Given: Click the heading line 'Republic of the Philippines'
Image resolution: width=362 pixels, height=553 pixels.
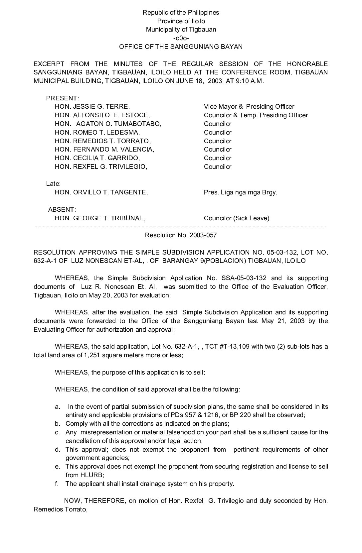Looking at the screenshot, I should point(181,13).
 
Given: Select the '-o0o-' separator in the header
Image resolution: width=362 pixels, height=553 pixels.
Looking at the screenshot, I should point(181,38).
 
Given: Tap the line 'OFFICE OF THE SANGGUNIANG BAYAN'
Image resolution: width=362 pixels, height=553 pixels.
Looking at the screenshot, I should point(181,47).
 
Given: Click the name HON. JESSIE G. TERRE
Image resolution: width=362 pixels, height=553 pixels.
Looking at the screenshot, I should point(92,107).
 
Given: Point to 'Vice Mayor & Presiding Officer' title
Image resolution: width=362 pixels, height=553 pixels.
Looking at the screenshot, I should point(249,107).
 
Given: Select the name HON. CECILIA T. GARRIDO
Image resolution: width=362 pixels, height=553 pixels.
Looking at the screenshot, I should point(97,158).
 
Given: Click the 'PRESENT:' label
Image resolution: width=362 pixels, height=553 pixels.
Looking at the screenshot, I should point(63,98).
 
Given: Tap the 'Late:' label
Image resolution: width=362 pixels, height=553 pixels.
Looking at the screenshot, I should point(53,183).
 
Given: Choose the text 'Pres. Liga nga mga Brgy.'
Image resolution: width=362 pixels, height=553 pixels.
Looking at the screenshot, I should point(240,192).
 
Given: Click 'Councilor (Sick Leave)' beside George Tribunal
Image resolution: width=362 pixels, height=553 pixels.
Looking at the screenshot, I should point(237,218).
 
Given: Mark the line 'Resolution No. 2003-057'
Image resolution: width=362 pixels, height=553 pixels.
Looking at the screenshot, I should point(181,235).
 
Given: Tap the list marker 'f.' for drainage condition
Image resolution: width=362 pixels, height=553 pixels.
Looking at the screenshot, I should point(57,484).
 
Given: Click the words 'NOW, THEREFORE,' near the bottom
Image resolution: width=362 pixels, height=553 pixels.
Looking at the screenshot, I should point(86,501).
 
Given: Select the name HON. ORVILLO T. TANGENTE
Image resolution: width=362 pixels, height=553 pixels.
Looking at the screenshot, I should point(101,192).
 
